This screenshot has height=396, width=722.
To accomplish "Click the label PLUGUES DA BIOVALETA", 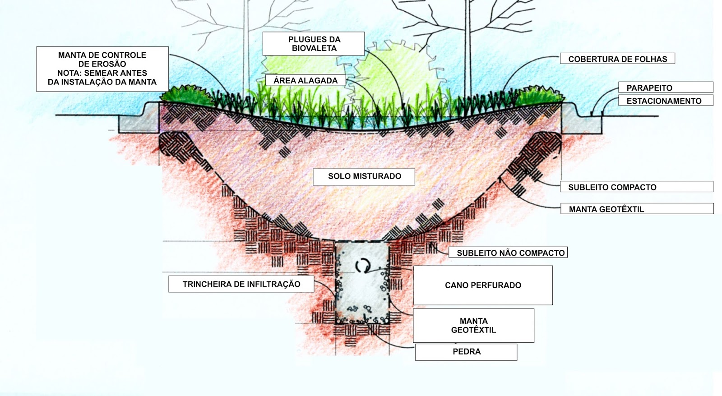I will (x=314, y=44).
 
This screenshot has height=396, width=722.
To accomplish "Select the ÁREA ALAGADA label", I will (x=305, y=81).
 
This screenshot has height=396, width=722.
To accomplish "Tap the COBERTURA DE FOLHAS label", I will (x=617, y=59).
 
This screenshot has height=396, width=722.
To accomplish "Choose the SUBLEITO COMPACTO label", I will (x=612, y=187).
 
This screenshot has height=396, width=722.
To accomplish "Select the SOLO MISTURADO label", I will (x=364, y=176).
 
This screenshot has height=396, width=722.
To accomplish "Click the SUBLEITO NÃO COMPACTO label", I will (x=510, y=253).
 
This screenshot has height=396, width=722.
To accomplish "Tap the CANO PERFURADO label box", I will (x=483, y=285).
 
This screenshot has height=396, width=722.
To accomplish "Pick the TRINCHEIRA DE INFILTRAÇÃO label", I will (x=241, y=284).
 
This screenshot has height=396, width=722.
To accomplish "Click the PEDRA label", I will (x=466, y=352).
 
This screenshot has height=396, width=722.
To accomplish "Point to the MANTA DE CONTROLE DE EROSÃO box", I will (x=102, y=69).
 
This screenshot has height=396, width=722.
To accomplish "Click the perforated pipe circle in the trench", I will (x=362, y=266).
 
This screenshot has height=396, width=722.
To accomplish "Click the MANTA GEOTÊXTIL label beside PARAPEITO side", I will (x=606, y=209).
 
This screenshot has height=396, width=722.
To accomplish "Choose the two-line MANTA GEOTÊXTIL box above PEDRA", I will (x=473, y=326).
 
